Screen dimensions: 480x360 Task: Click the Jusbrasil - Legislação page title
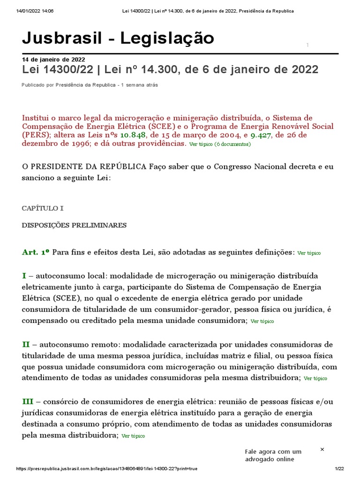118,38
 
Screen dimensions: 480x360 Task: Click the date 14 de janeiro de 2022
53,60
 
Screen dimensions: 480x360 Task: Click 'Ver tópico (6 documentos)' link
220,144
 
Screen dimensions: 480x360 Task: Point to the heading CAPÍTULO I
43,208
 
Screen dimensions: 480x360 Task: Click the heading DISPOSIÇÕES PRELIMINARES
74,225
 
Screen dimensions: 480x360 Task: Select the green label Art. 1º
36,252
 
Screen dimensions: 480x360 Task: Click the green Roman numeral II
26,344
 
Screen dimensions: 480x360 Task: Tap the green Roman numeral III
28,401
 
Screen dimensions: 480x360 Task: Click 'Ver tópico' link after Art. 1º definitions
309,253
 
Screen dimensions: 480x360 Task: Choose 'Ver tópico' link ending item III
133,436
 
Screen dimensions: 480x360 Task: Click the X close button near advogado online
322,449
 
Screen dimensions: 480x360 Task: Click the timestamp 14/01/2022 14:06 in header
35,11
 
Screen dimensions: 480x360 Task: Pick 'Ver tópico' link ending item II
315,378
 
